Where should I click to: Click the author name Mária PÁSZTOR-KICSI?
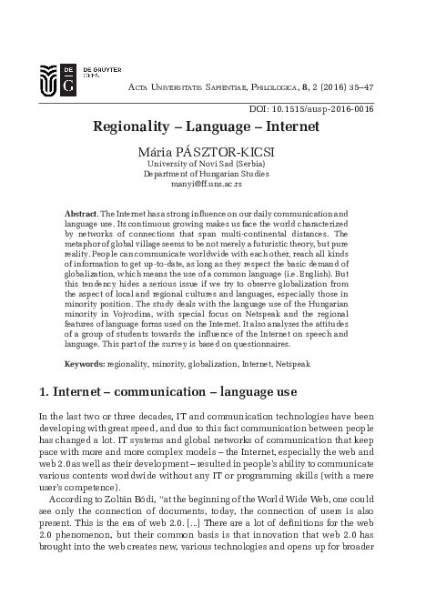point(213,149)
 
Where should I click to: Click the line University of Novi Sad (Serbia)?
point(213,162)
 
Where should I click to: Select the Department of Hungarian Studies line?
point(212,172)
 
